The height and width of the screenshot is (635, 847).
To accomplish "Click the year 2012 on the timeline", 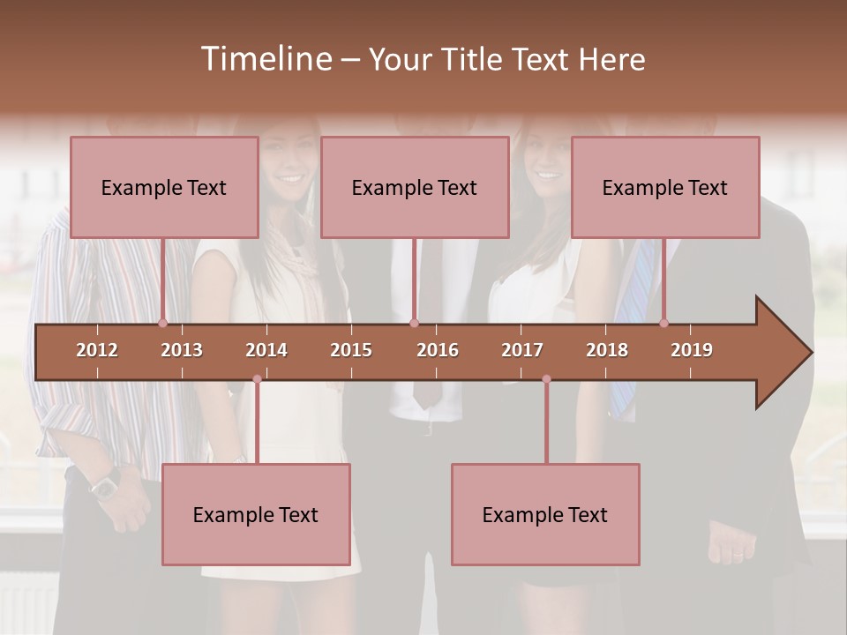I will coord(97,350).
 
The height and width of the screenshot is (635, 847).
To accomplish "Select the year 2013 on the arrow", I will coord(182,350).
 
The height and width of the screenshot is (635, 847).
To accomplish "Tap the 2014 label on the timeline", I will coord(266,350).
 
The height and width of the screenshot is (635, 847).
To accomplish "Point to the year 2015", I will coord(351,350).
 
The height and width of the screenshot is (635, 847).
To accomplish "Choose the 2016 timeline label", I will coord(438,350).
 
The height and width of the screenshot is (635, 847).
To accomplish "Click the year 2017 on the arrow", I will coord(522,350).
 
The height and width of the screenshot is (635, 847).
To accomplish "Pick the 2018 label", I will coord(607,350).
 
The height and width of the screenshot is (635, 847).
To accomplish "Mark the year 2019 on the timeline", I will coord(692,350).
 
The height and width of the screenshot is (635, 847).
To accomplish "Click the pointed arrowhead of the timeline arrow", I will coord(790,353).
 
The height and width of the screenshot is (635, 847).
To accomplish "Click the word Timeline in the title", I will coord(265,59).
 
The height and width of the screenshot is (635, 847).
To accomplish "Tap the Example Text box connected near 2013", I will coord(164,187).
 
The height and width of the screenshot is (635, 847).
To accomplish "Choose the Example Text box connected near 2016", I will coord(415,187).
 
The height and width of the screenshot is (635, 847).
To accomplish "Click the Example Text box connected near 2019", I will coord(665,187).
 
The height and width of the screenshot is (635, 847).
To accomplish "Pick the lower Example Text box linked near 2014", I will coord(256,514).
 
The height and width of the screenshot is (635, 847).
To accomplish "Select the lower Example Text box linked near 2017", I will coord(545,514).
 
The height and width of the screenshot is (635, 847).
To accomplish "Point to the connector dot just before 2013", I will coord(162,323).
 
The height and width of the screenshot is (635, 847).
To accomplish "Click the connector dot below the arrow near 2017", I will coord(546,379).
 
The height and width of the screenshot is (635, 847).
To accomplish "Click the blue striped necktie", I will coord(632,300).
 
